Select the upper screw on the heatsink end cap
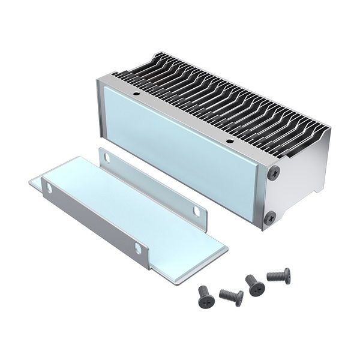pos(274,173)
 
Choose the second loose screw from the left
pos(232,296)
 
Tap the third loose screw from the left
pos(255,285)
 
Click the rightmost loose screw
pos(280,276)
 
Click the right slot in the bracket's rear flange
pos(196,211)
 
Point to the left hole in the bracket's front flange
pos(48,188)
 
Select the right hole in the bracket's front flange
pos(137,247)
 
